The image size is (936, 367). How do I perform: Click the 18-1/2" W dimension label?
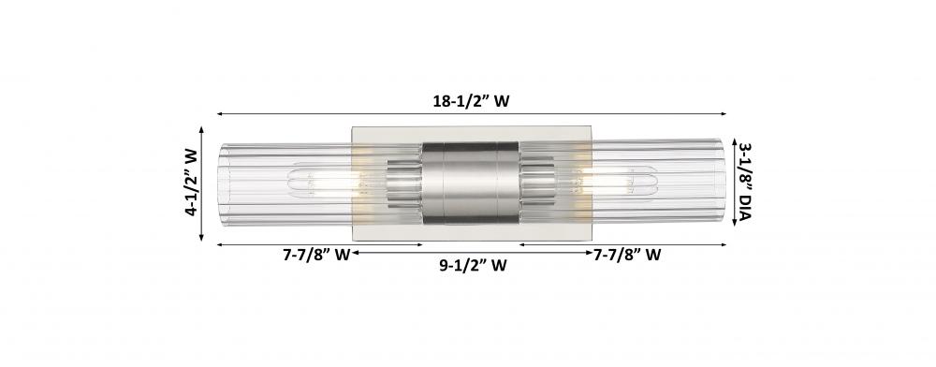point(471,101)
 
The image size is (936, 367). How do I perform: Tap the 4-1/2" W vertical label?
point(191,182)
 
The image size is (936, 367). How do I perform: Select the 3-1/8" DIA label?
point(744,182)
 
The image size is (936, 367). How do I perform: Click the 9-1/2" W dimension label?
point(473,266)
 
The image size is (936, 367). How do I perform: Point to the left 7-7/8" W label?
point(316,255)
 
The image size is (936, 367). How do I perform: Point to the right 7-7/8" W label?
point(627,255)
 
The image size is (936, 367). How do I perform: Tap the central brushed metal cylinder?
point(471,183)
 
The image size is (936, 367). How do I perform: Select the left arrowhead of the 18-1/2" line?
point(220,113)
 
